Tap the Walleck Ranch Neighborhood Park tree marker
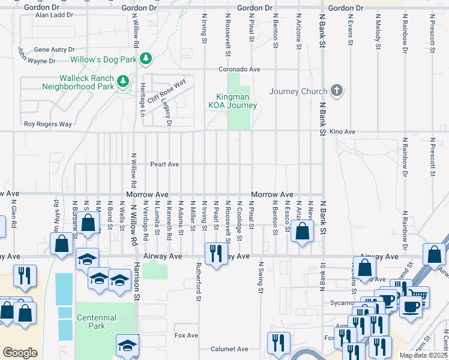pyautogui.click(x=123, y=80)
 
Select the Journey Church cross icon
pyautogui.click(x=337, y=91)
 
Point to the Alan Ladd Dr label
pyautogui.click(x=54, y=14)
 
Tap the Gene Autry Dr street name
pyautogui.click(x=55, y=50)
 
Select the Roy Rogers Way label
pyautogui.click(x=47, y=124)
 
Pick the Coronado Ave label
pyautogui.click(x=239, y=70)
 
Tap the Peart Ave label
pyautogui.click(x=164, y=164)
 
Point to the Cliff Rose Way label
pyautogui.click(x=166, y=93)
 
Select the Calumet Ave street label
pyautogui.click(x=229, y=349)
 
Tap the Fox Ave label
pyautogui.click(x=186, y=335)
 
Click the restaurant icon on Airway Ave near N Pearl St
pyautogui.click(x=215, y=253)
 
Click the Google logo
pyautogui.click(x=20, y=353)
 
